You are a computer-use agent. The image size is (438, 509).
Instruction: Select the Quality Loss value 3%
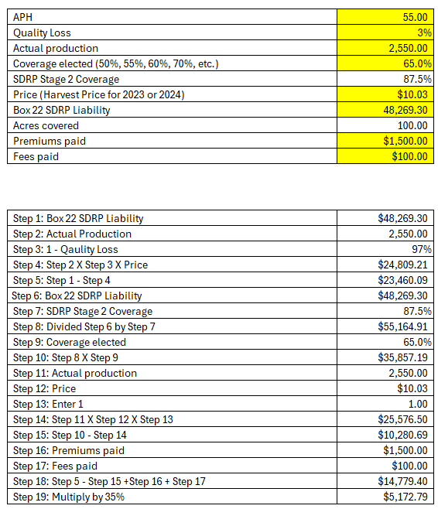pyautogui.click(x=422, y=32)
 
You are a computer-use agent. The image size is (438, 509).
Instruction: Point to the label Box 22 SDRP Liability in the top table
pyautogui.click(x=62, y=110)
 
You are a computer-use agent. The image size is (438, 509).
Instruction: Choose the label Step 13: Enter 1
pyautogui.click(x=48, y=404)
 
